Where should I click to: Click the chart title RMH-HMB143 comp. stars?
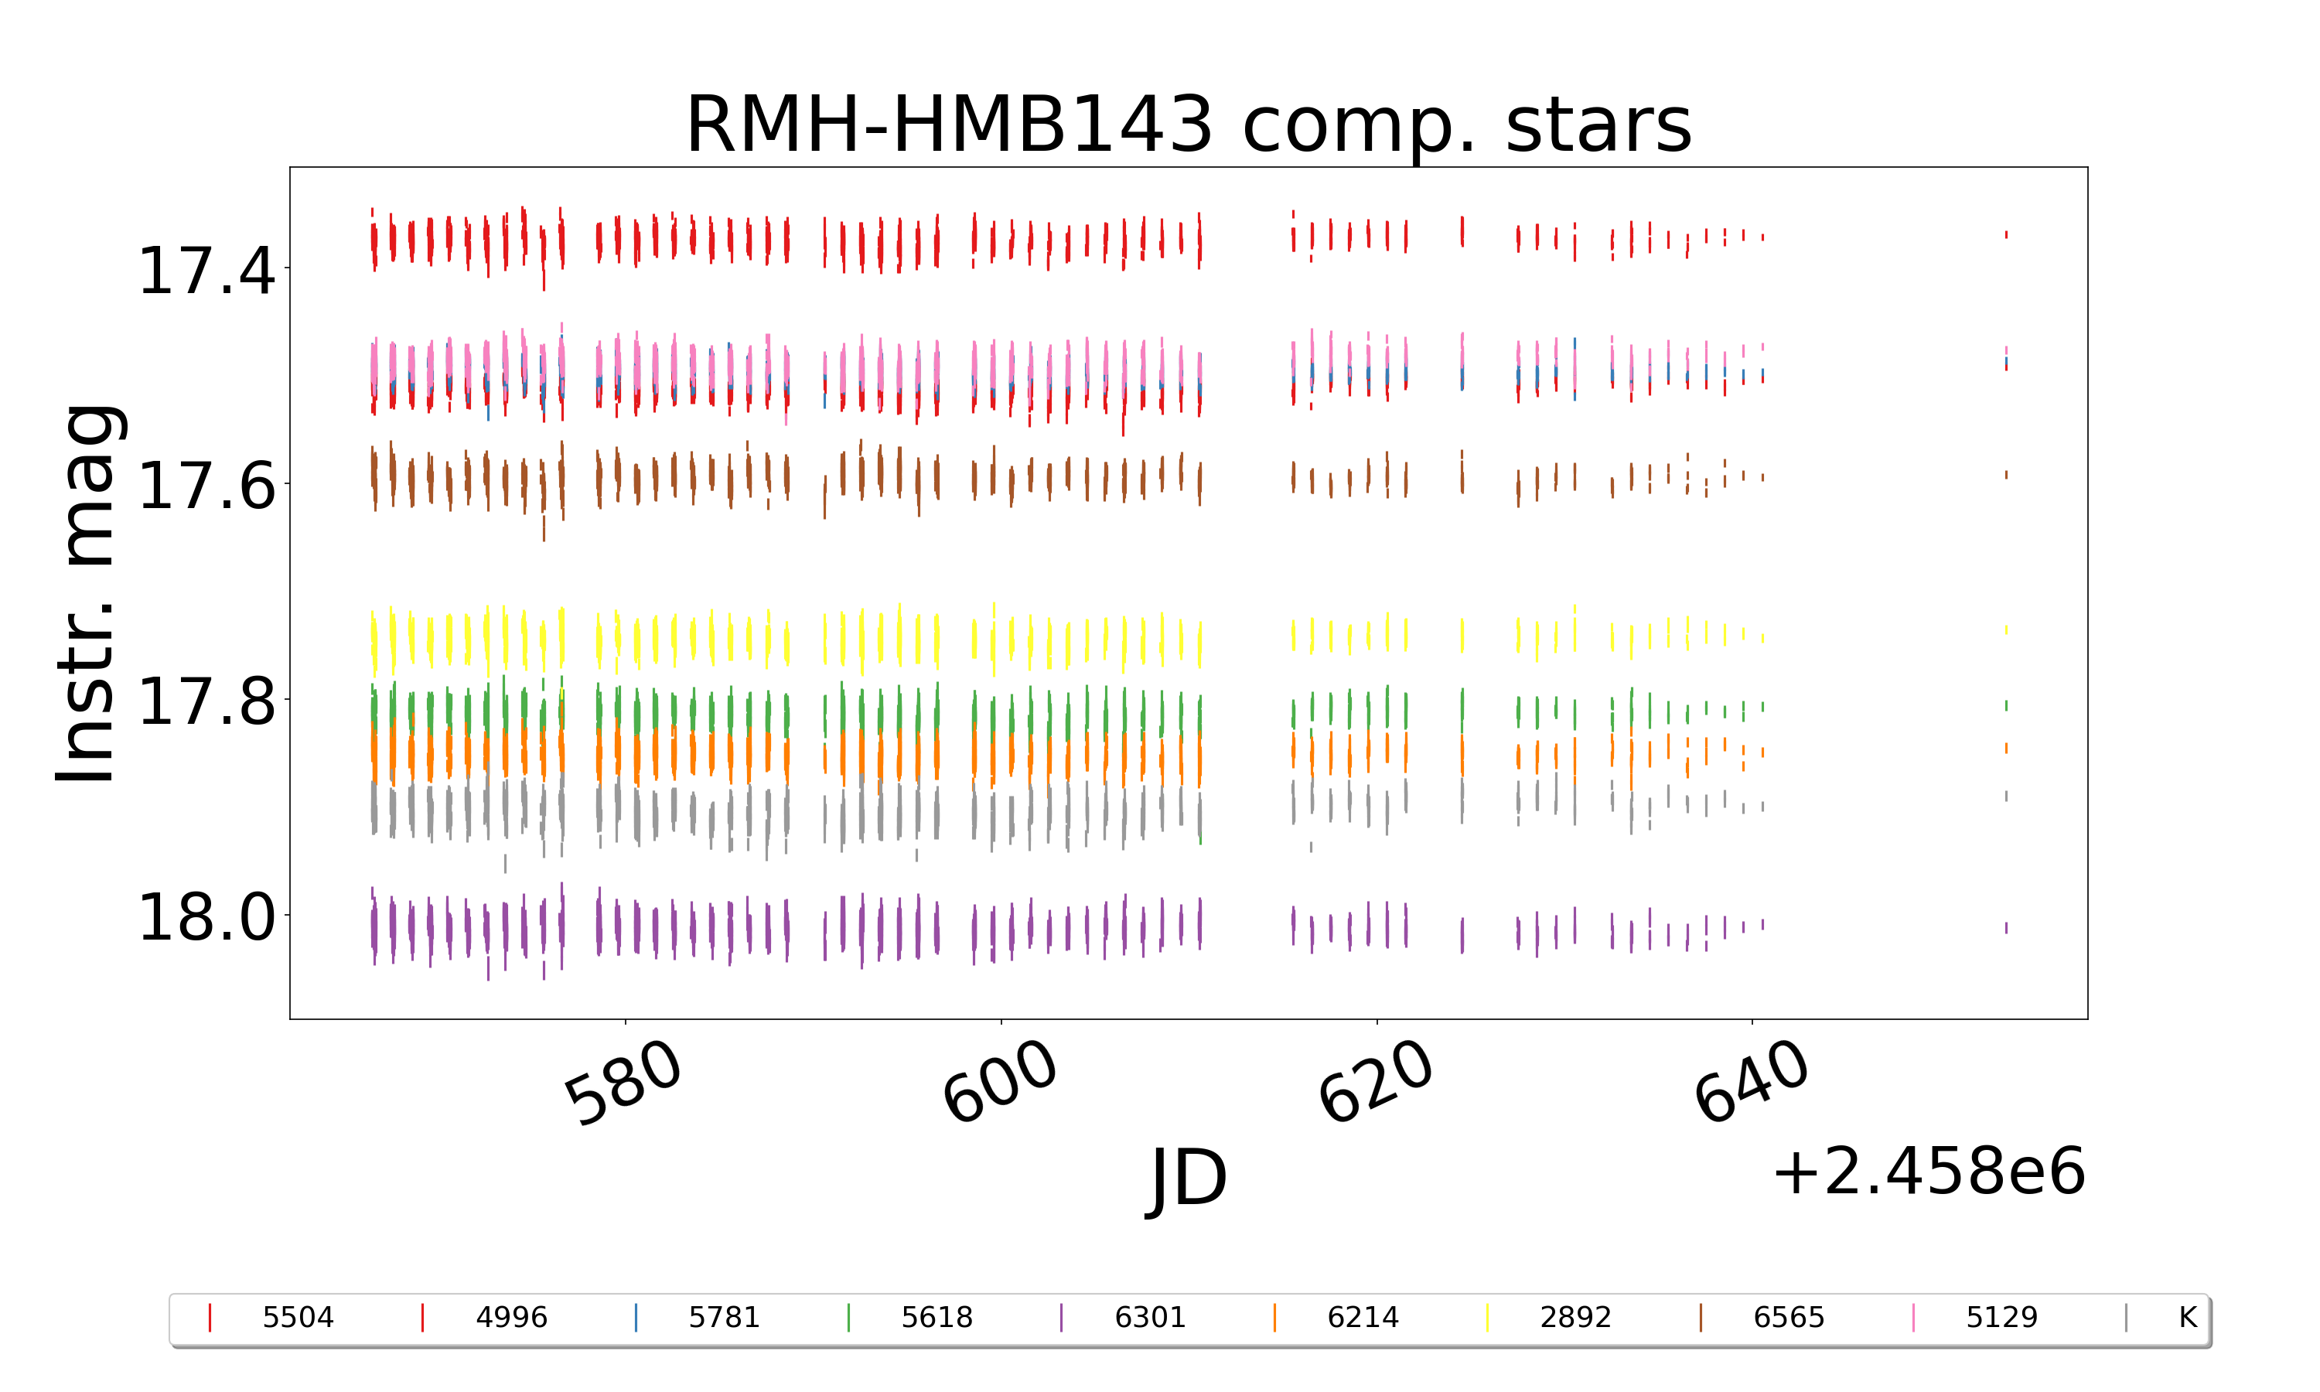point(1188,125)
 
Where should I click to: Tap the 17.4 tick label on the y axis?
point(206,272)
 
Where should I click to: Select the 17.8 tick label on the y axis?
point(206,702)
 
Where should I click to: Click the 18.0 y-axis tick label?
point(206,917)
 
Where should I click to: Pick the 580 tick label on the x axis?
point(623,1083)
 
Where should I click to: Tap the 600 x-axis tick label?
point(1000,1083)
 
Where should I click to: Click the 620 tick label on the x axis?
point(1376,1083)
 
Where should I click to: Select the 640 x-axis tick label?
point(1751,1083)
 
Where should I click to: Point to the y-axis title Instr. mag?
point(87,593)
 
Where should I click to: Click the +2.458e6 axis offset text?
point(1928,1172)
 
